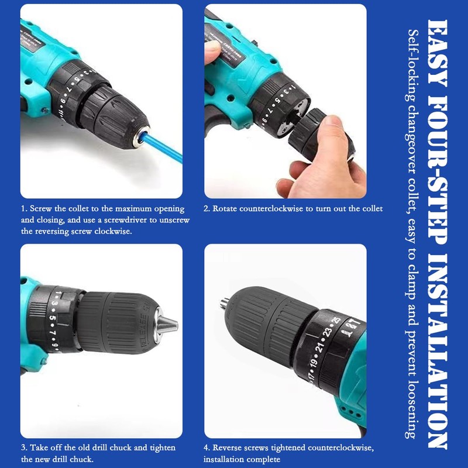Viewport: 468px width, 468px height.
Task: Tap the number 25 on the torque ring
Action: click(335, 320)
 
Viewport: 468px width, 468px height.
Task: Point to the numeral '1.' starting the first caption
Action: click(24, 208)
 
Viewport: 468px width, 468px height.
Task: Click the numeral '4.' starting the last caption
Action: click(207, 448)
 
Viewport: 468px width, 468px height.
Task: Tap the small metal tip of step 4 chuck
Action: click(223, 303)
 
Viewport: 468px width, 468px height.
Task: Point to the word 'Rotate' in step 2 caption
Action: click(225, 208)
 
